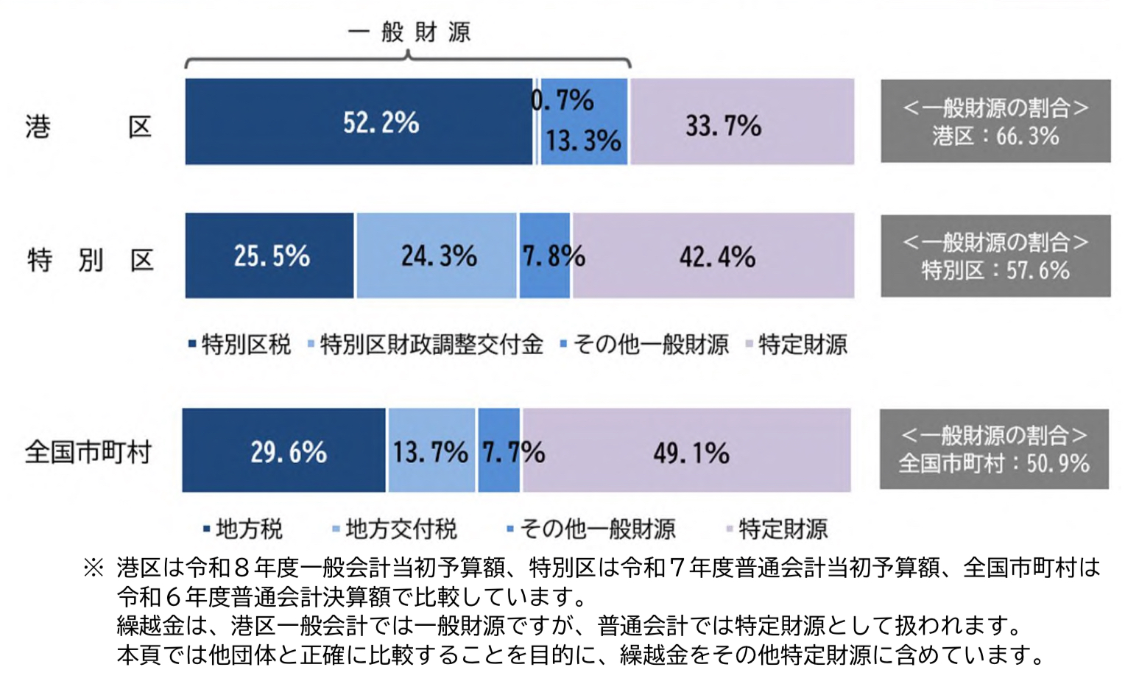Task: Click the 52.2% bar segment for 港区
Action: click(359, 121)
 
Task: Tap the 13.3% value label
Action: click(583, 140)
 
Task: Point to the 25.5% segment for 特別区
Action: click(269, 256)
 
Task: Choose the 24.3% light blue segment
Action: click(437, 256)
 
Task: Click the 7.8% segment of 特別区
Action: click(545, 256)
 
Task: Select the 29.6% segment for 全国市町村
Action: click(284, 451)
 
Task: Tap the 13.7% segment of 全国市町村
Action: click(431, 451)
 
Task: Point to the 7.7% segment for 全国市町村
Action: click(499, 451)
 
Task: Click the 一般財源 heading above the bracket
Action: click(409, 32)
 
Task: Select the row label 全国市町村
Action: click(88, 451)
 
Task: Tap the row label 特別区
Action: click(90, 259)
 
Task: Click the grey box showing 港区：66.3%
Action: click(995, 121)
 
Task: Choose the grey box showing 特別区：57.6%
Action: click(995, 256)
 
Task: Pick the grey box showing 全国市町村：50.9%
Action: click(994, 449)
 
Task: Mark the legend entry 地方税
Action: click(244, 529)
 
